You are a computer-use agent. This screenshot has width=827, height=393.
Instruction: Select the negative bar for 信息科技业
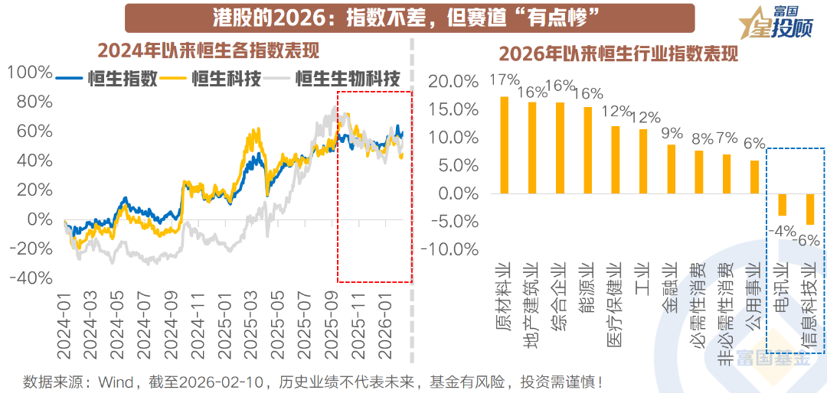pyautogui.click(x=810, y=209)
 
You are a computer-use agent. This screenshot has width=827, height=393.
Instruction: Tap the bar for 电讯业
pyautogui.click(x=782, y=204)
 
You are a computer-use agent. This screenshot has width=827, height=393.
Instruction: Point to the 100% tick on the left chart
pyautogui.click(x=30, y=73)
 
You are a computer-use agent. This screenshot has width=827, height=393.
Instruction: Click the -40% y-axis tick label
pyautogui.click(x=30, y=278)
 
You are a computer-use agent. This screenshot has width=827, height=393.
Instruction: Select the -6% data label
pyautogui.click(x=809, y=240)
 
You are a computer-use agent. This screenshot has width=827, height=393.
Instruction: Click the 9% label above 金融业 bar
pyautogui.click(x=671, y=133)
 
